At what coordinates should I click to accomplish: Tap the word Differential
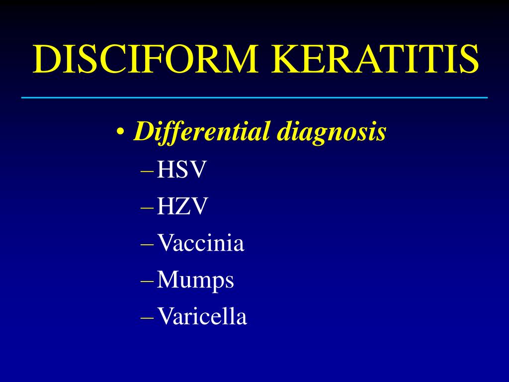(x=202, y=132)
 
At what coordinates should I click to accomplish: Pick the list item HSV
(x=181, y=171)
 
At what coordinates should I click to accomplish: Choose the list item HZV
(x=181, y=207)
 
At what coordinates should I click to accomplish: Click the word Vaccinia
(x=200, y=244)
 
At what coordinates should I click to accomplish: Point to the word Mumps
(x=195, y=281)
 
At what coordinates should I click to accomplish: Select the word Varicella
(x=201, y=317)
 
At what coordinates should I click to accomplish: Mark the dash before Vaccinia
(x=148, y=244)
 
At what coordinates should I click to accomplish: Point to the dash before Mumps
(x=148, y=281)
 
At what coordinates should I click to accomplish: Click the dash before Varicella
(x=148, y=317)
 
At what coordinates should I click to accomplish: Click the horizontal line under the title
(x=254, y=97)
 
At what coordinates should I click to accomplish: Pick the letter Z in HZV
(x=181, y=207)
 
